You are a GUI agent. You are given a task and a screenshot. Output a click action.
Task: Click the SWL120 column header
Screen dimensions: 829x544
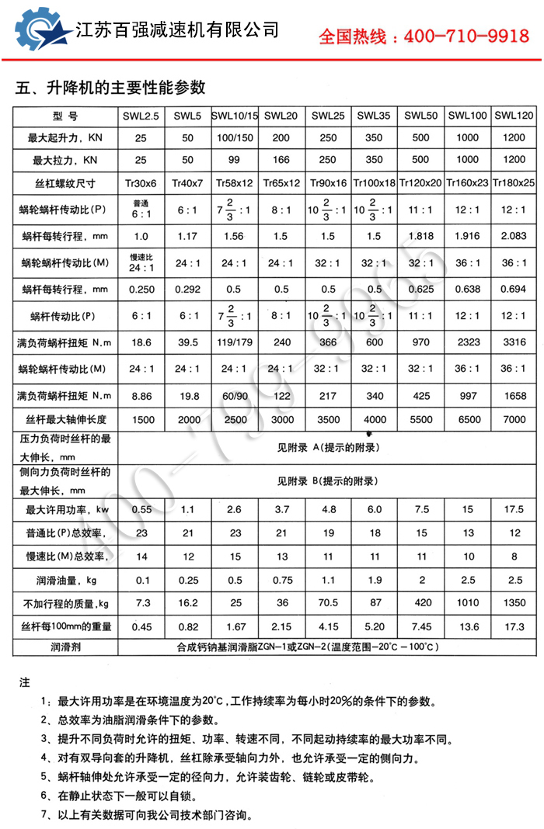pos(514,116)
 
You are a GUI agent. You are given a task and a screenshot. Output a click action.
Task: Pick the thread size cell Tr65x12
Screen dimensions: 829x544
pos(281,184)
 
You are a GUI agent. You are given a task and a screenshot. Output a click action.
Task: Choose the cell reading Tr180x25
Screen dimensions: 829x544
pos(514,184)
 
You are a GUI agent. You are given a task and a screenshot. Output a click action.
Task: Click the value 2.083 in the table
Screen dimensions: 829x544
pos(514,236)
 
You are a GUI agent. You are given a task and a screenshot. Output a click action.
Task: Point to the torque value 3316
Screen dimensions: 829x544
pos(514,342)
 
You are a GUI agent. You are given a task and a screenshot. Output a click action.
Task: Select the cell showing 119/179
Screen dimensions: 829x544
pos(235,342)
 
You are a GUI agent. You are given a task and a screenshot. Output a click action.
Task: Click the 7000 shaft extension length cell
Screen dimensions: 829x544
pos(514,419)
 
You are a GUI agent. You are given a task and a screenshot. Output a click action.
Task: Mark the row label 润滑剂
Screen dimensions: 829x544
pos(67,646)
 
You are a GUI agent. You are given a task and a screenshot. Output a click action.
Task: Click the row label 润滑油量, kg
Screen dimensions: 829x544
pos(67,580)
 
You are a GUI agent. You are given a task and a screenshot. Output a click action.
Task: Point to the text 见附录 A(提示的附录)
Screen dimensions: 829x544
pos(328,448)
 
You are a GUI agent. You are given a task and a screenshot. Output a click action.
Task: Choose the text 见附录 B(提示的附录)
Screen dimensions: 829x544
pos(328,481)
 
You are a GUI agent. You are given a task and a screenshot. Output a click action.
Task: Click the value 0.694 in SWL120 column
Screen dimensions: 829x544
pos(514,290)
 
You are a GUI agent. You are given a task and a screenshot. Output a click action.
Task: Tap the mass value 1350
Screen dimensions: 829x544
pos(514,603)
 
